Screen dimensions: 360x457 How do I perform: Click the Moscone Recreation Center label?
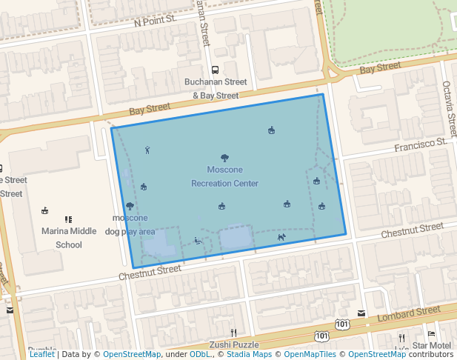[x=224, y=176]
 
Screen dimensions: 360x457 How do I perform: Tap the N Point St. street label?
[x=154, y=22]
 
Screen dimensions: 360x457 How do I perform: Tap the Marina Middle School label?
[x=69, y=237]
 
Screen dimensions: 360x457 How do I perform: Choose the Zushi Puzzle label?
[x=234, y=345]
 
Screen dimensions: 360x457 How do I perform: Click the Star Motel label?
[x=432, y=346]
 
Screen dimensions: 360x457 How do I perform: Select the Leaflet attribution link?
[x=41, y=355]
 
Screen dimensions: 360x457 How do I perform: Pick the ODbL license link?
[x=200, y=355]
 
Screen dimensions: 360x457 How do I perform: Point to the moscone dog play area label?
[x=130, y=224]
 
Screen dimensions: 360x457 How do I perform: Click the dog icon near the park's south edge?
[x=281, y=238]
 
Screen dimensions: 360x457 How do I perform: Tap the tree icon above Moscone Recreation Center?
[x=224, y=158]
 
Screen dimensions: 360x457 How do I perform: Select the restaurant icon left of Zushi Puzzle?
[x=233, y=332]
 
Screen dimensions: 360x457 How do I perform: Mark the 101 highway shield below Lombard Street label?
[x=321, y=337]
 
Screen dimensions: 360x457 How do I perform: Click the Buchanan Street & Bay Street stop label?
[x=216, y=88]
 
